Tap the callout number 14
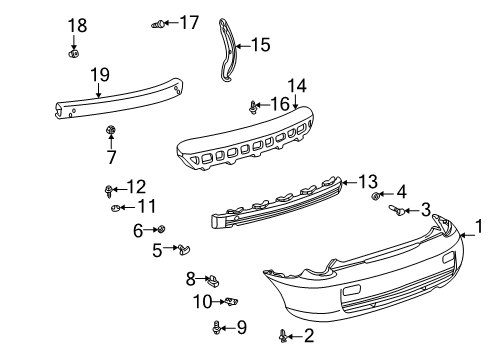point(296,87)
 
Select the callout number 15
point(260,44)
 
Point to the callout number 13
point(367,181)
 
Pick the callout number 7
point(111,156)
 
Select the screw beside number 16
point(253,105)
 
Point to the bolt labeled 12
point(107,187)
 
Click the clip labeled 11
point(115,208)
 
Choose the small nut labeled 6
point(162,229)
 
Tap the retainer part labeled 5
point(187,248)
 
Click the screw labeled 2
point(284,335)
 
